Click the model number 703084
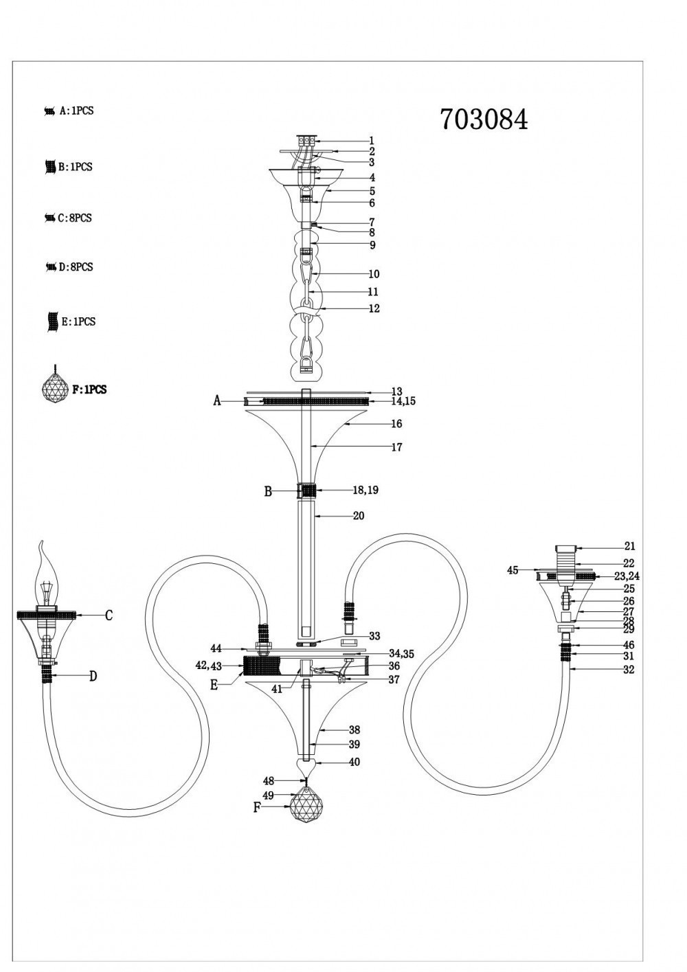pos(484,120)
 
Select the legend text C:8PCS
pos(76,218)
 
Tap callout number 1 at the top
pos(372,140)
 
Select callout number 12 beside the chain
pos(374,308)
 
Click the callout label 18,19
pos(365,490)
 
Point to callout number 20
pos(358,516)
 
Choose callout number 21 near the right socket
pos(629,547)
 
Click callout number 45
pos(513,569)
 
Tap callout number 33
pos(374,636)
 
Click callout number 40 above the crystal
pos(354,762)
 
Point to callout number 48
pos(269,780)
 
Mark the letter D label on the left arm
pos(93,677)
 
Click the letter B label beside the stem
pos(269,491)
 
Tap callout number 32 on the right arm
pos(629,670)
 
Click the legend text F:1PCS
pos(89,389)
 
